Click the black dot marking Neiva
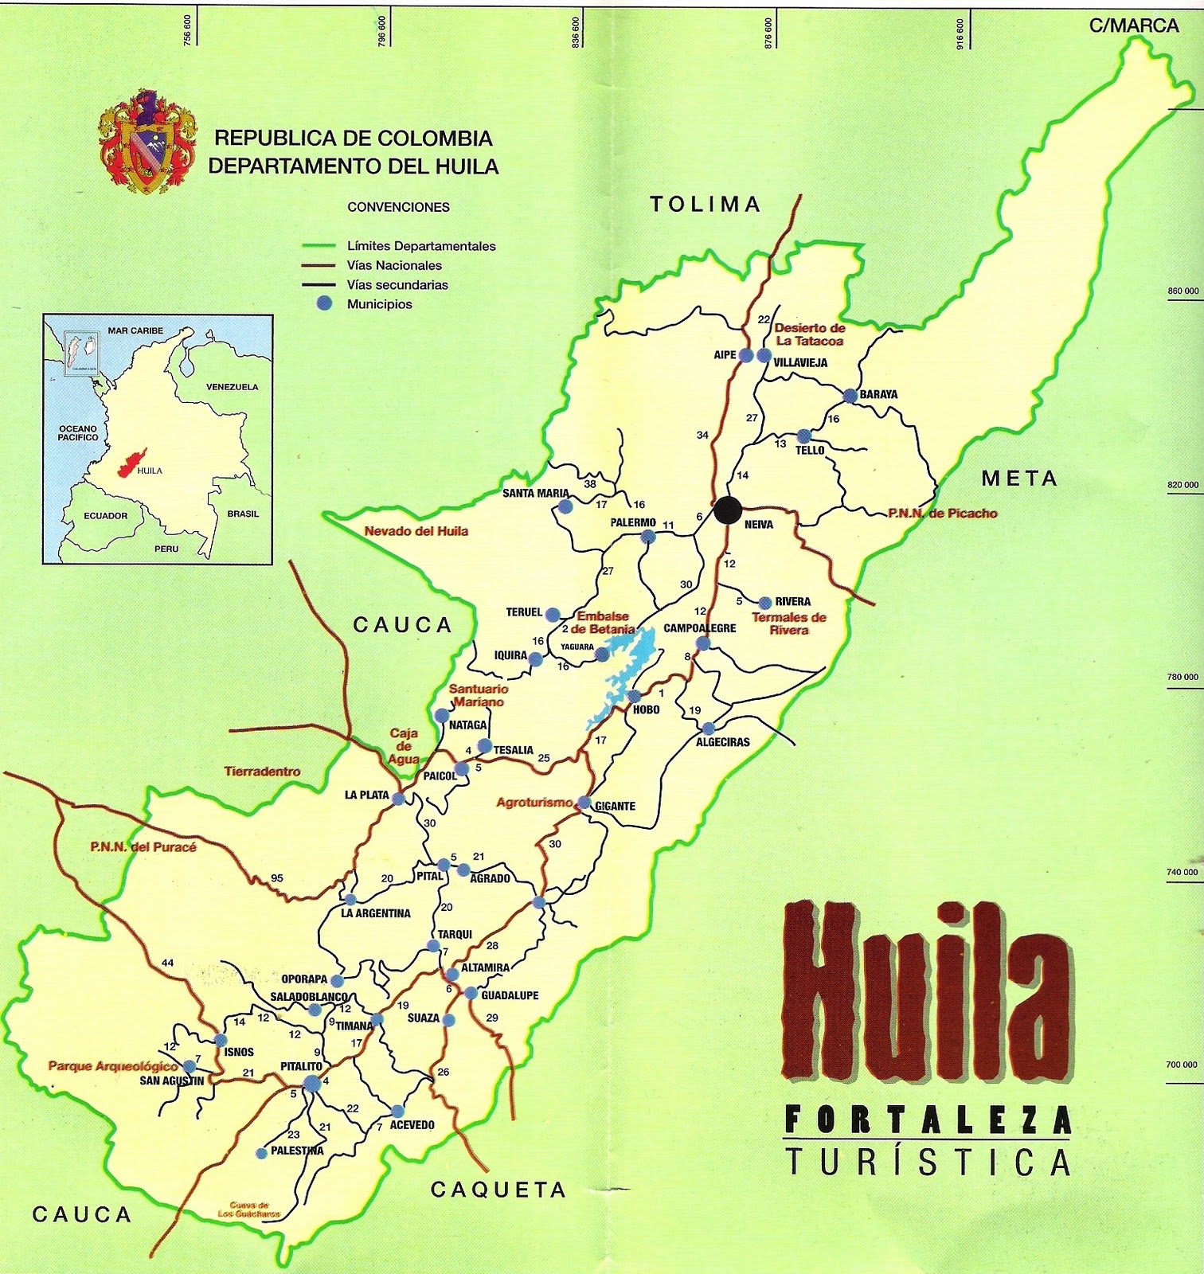(725, 510)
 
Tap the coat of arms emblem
(146, 142)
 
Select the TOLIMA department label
(706, 205)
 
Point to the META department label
(1019, 479)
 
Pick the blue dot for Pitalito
(311, 1081)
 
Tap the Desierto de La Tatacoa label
(809, 334)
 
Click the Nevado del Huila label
(416, 531)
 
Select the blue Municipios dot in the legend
(323, 303)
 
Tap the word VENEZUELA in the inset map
(232, 387)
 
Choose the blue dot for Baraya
(850, 395)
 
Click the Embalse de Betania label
(605, 623)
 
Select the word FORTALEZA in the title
(928, 1121)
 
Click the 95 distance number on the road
(277, 878)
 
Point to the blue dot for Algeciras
(708, 728)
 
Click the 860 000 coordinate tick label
(1182, 291)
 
